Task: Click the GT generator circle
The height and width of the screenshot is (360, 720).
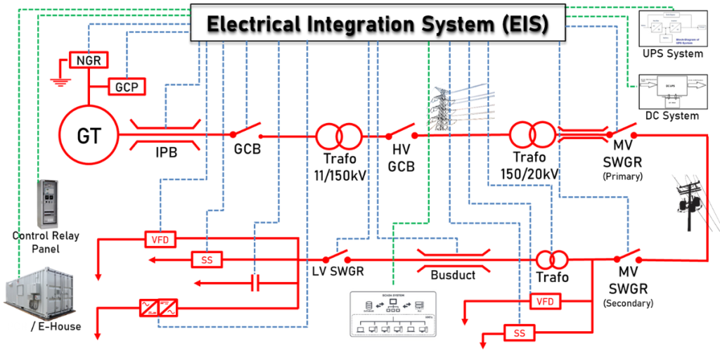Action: (x=89, y=134)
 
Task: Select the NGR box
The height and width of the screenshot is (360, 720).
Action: (x=88, y=61)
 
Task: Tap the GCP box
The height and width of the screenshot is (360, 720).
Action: (x=127, y=86)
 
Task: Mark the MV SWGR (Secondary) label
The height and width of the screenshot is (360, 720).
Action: (x=628, y=290)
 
